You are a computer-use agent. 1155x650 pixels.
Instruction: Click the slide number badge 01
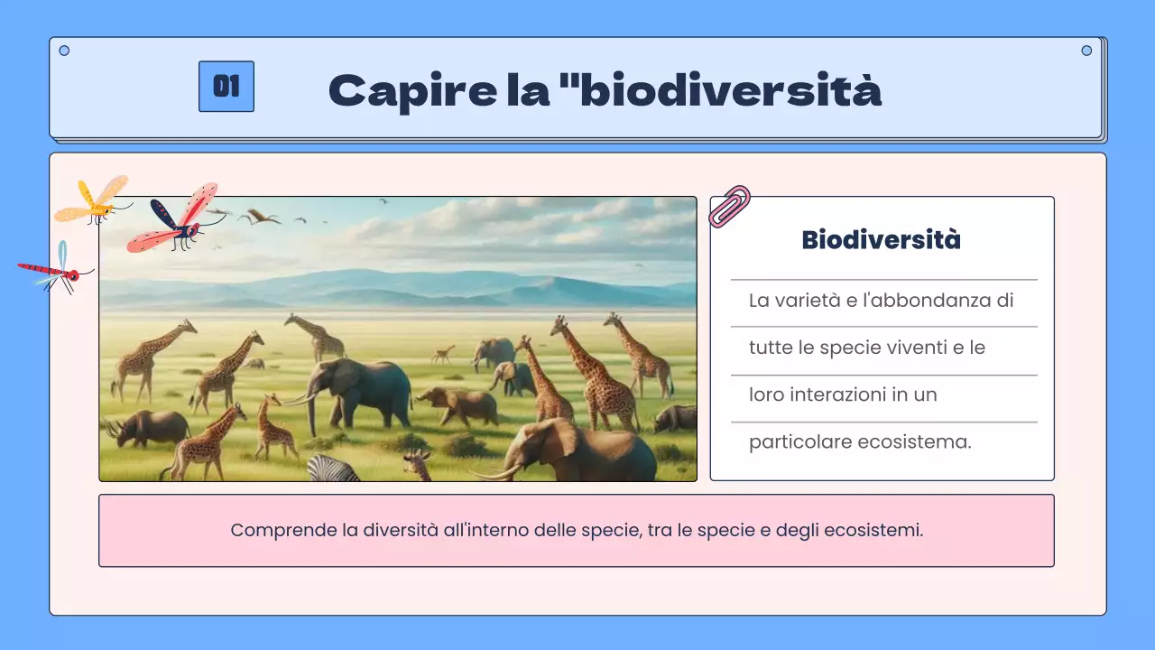pyautogui.click(x=226, y=87)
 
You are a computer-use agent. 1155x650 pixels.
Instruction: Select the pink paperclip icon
pyautogui.click(x=729, y=206)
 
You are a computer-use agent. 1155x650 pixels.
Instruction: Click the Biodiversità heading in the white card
pyautogui.click(x=881, y=240)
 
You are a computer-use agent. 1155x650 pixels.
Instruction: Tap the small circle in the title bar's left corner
pyautogui.click(x=64, y=51)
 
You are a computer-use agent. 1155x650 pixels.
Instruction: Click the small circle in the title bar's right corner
pyautogui.click(x=1086, y=51)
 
